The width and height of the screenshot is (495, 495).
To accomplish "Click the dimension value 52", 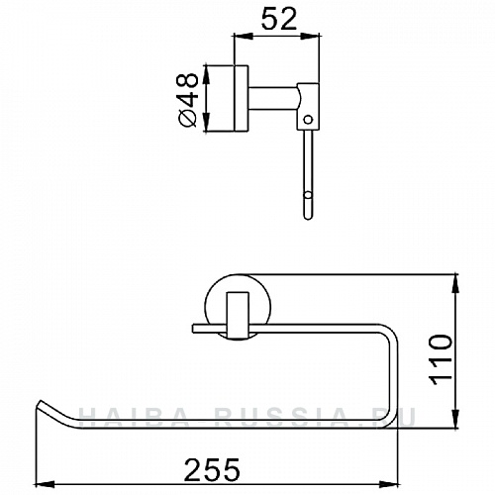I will (x=276, y=19).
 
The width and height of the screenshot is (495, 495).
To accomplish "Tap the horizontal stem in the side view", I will (x=276, y=98).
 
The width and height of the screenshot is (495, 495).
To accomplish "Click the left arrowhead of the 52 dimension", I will (x=239, y=38).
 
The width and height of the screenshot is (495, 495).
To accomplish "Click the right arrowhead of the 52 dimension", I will (x=317, y=38).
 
